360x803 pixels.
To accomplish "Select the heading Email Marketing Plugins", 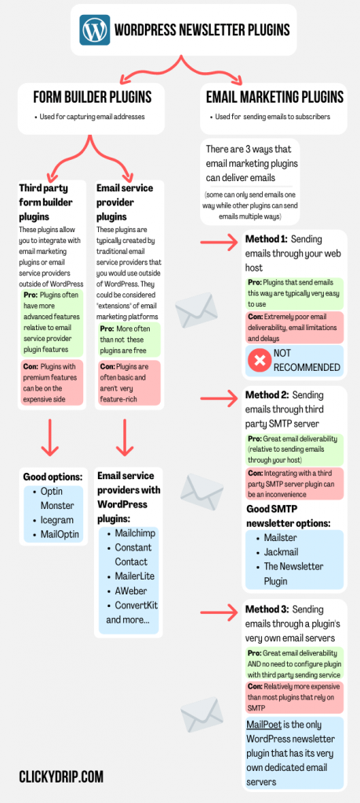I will pyautogui.click(x=275, y=98).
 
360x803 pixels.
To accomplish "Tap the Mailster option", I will pyautogui.click(x=285, y=538).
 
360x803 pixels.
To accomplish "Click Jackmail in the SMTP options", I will pyautogui.click(x=285, y=552).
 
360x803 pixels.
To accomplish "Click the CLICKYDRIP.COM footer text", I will pyautogui.click(x=61, y=776).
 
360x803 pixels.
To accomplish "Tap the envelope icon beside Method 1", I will pyautogui.click(x=196, y=311).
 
